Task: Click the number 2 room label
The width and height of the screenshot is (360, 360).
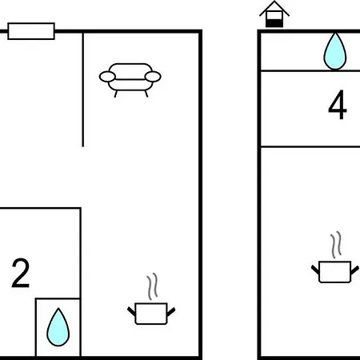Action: point(21,273)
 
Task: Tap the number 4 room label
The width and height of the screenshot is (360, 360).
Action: point(338,105)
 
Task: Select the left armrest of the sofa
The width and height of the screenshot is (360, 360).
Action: point(107,77)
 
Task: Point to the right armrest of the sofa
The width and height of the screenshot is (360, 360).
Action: point(153,77)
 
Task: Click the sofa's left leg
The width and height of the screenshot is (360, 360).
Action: point(116,94)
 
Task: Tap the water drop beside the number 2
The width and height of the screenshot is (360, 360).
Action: point(58,327)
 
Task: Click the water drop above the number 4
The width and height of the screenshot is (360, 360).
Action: point(335,51)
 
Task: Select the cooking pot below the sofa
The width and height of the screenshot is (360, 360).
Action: point(151,314)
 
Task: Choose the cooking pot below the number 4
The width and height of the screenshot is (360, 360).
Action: point(335,271)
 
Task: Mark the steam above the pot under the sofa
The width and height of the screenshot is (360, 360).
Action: point(152,286)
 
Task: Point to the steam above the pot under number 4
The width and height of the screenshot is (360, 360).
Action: point(336,245)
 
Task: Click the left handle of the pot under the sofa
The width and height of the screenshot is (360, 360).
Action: point(131,311)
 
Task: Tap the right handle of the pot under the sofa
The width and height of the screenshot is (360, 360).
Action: point(171,312)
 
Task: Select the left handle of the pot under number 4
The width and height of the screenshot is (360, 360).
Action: point(315,270)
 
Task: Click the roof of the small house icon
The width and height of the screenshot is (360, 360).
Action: point(274,9)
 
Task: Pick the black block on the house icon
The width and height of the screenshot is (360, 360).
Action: point(274,23)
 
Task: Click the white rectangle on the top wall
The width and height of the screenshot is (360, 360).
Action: point(31,31)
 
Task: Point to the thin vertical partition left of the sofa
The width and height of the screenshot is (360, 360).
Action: point(83,90)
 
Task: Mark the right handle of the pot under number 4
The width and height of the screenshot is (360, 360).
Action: point(355,270)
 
